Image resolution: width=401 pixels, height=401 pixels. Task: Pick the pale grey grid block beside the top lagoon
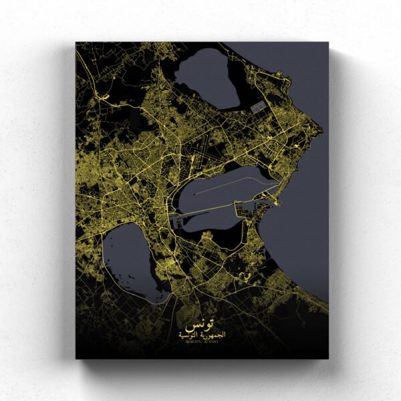[x=257, y=106]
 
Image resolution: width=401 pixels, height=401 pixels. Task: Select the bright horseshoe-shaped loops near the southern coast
[x=247, y=275]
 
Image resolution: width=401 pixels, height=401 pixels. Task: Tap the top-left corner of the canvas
[x=76, y=43]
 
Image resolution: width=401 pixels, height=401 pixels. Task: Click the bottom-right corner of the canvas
[x=328, y=359]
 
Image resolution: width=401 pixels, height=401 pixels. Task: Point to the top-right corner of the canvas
[x=328, y=43]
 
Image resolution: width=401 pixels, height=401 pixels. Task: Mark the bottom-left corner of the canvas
[x=76, y=359]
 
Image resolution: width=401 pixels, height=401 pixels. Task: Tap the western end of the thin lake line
[x=194, y=194]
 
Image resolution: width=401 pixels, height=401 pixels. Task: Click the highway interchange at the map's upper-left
[x=100, y=97]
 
